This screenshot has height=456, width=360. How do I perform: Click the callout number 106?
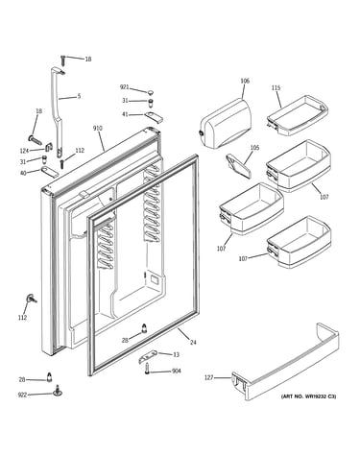coord(245,81)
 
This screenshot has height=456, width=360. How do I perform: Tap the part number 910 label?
coord(98,129)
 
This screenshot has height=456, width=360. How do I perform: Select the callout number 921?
coord(125,87)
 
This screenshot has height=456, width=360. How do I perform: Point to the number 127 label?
coord(208,378)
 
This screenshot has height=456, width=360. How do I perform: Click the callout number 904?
coord(177,371)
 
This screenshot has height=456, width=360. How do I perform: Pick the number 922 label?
coord(22,395)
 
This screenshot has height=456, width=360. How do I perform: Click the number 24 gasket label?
coord(193,343)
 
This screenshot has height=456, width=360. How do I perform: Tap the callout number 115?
coord(276,87)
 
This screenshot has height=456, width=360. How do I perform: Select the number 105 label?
coord(254,148)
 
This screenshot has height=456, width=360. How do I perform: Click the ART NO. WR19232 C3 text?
coord(308,396)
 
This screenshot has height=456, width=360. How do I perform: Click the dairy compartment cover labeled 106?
coord(226,123)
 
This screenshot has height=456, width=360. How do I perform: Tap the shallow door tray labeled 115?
coord(297,114)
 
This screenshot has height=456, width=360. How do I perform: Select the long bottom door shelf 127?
coord(285,362)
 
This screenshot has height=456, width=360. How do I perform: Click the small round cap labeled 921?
coord(150,92)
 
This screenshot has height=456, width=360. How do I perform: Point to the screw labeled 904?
coord(147,369)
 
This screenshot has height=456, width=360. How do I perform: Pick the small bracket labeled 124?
coord(49,147)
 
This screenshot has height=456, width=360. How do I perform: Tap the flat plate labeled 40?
coord(50,172)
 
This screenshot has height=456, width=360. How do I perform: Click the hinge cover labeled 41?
coord(154,117)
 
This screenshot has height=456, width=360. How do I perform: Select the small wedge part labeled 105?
coord(239,165)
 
